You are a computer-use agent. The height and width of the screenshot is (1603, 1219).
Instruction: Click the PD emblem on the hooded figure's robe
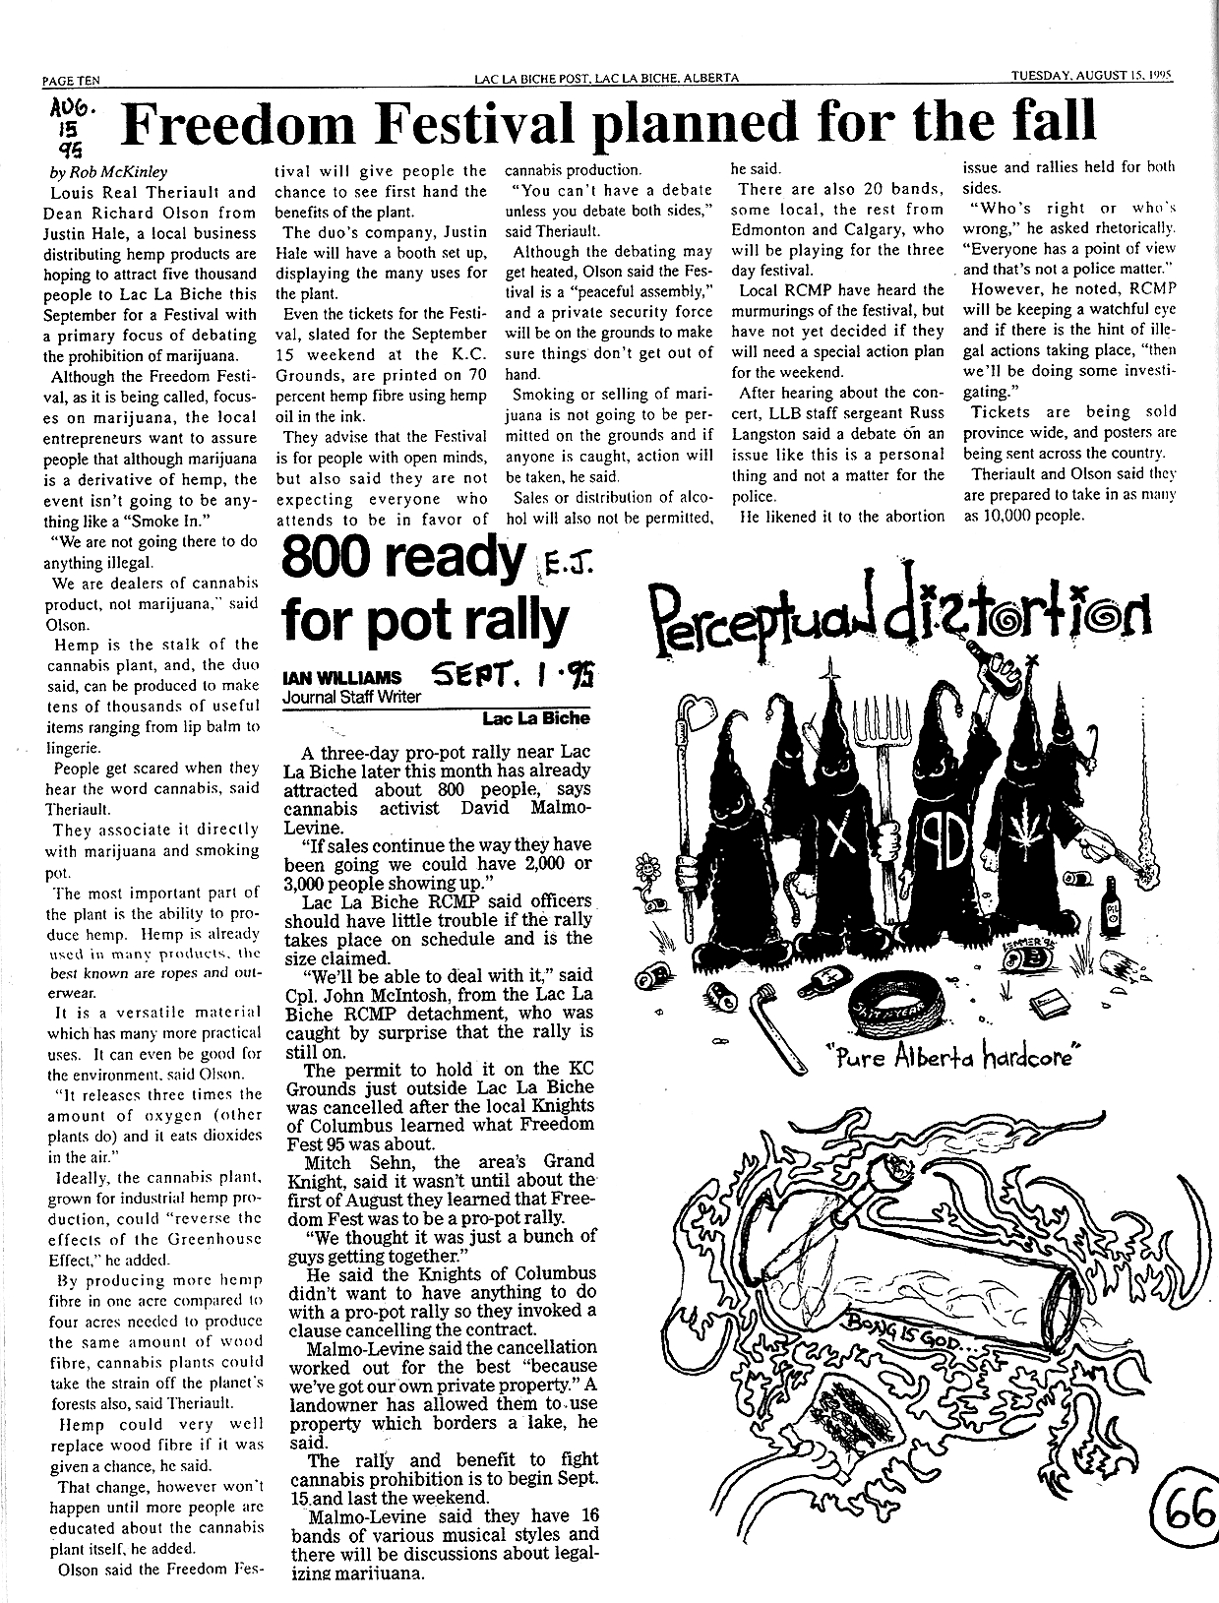[943, 835]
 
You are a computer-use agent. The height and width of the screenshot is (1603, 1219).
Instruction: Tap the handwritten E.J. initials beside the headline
[559, 568]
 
